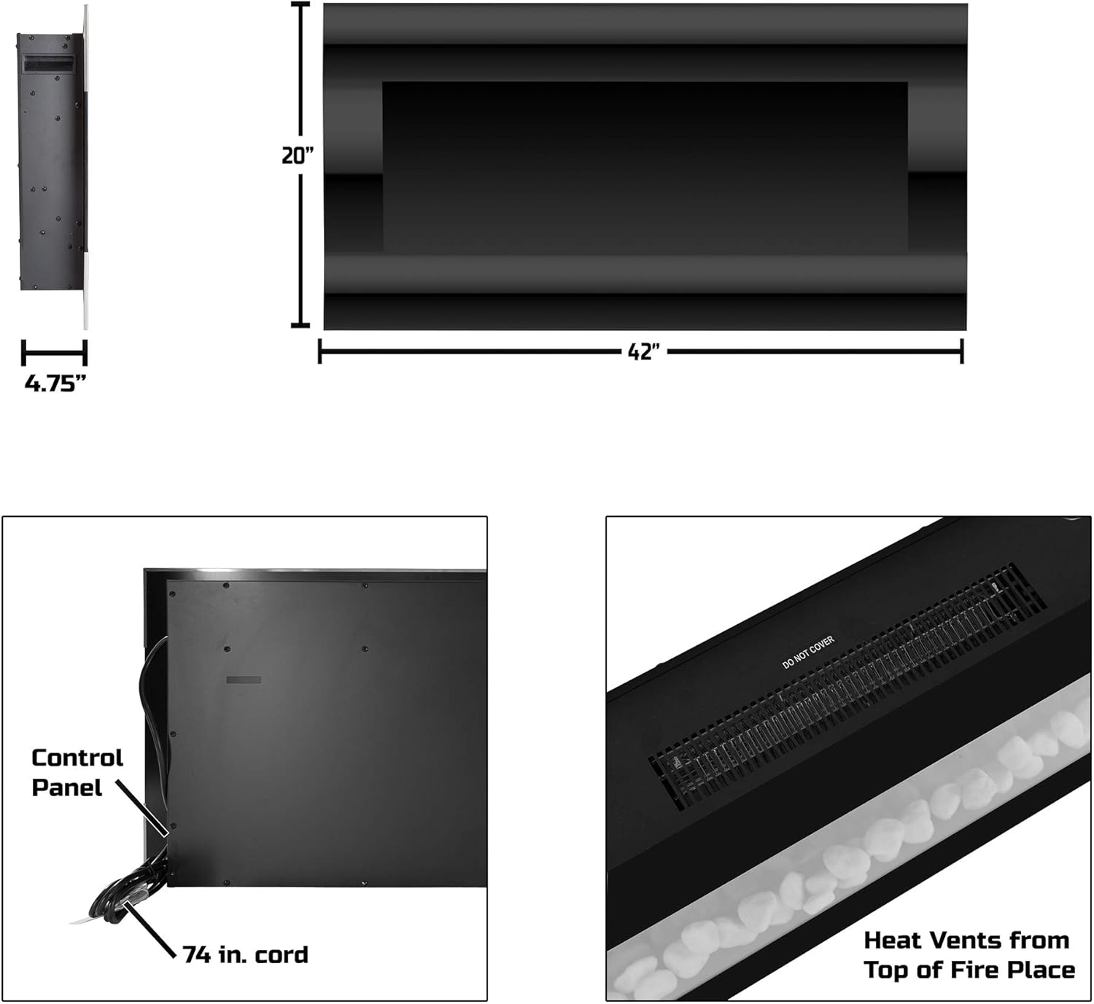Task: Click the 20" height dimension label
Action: [x=298, y=156]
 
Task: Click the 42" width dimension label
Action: [x=643, y=352]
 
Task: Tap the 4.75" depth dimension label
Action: [x=55, y=384]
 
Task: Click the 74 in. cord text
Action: [x=246, y=955]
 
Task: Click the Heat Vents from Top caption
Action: [x=969, y=955]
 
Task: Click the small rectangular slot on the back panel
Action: [x=244, y=680]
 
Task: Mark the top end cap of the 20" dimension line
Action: [x=300, y=4]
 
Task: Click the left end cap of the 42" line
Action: [x=320, y=351]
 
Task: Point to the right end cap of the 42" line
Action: [x=962, y=351]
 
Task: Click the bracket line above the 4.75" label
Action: [x=55, y=354]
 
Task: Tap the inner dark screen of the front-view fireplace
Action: [x=645, y=168]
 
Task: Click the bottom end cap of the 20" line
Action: [x=300, y=325]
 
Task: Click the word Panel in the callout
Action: [x=67, y=788]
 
